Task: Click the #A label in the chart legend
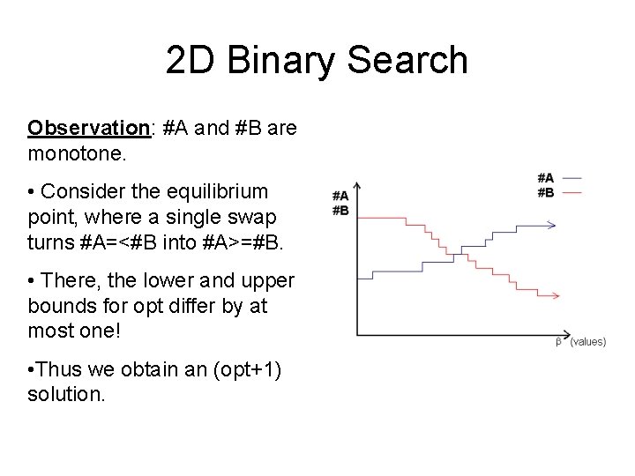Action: (x=545, y=179)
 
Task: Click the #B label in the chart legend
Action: (x=545, y=191)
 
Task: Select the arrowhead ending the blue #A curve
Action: (x=551, y=226)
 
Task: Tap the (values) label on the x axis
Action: (x=586, y=342)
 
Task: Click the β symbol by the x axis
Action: (x=558, y=342)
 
